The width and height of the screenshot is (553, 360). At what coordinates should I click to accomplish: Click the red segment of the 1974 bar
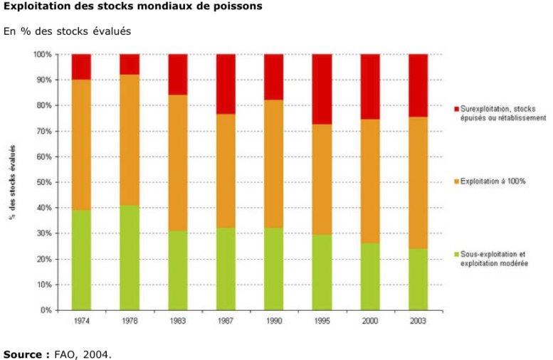point(81,66)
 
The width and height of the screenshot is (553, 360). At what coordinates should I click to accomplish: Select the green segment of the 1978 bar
point(129,258)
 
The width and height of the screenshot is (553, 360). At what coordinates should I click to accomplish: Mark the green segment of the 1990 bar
point(274,269)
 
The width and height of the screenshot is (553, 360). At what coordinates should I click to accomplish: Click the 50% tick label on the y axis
point(45,182)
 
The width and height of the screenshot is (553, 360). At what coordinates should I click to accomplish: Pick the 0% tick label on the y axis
point(47,310)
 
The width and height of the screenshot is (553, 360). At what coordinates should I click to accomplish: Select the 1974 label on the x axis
point(81,322)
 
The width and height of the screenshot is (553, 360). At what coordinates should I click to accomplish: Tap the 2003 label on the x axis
point(418,322)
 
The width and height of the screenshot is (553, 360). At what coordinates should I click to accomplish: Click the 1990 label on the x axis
point(274,322)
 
